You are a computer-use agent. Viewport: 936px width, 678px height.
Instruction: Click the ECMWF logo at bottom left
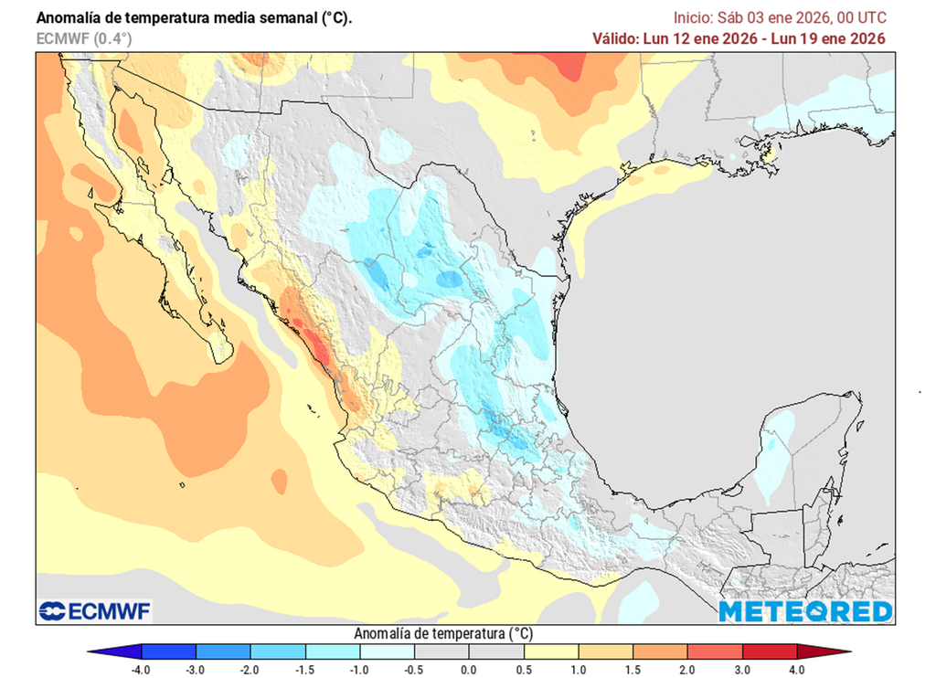[x=95, y=610]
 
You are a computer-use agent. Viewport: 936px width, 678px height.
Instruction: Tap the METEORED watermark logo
[x=804, y=610]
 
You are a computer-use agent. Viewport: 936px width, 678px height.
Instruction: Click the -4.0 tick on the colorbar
[x=140, y=670]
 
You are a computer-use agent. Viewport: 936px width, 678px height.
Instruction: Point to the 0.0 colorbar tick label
[x=468, y=670]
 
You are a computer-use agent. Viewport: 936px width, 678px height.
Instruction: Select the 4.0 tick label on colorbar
[x=796, y=670]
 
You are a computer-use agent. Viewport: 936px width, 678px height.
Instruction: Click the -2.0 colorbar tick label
[x=250, y=670]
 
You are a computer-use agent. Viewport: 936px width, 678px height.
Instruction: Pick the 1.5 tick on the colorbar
[x=633, y=670]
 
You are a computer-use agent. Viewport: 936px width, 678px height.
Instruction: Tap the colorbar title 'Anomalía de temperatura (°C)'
[x=442, y=633]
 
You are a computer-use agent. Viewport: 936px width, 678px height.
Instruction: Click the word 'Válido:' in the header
[x=621, y=38]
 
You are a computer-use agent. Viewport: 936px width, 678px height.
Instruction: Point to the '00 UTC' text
[x=859, y=17]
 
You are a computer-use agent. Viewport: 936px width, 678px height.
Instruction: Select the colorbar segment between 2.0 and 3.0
[x=714, y=652]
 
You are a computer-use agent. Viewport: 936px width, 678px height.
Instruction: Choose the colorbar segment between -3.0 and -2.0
[x=222, y=652]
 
